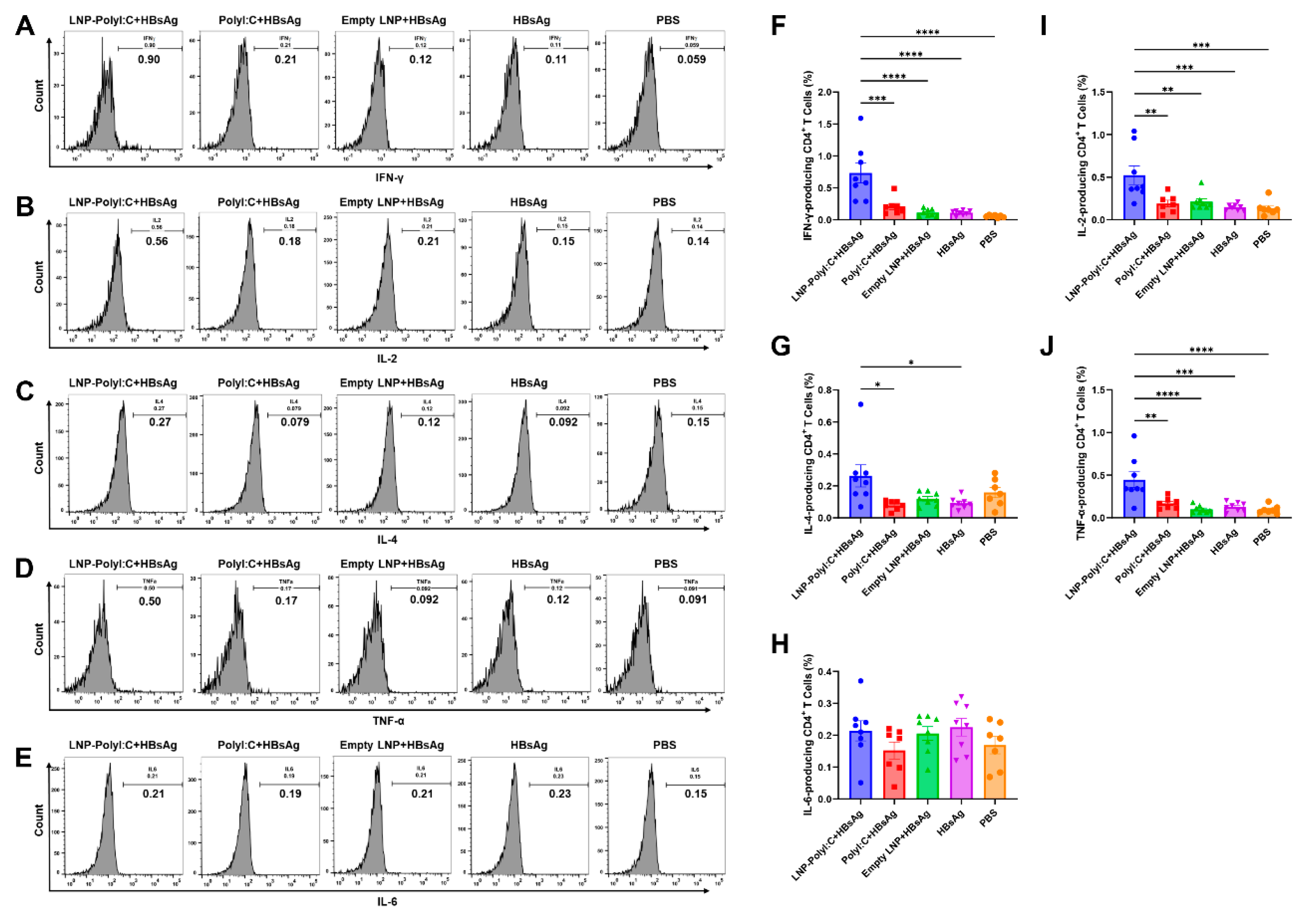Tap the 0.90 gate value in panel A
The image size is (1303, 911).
click(149, 59)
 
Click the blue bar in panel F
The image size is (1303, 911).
click(860, 198)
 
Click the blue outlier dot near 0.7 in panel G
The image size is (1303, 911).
click(860, 405)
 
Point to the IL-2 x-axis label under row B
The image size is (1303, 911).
click(387, 358)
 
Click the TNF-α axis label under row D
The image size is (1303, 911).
click(388, 721)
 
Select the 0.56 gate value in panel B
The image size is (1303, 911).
click(157, 241)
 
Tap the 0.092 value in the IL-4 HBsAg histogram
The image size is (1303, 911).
click(563, 422)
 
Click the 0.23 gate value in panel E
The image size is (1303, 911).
click(560, 794)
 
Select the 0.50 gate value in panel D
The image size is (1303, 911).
click(150, 601)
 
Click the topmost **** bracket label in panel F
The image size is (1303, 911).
click(927, 32)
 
